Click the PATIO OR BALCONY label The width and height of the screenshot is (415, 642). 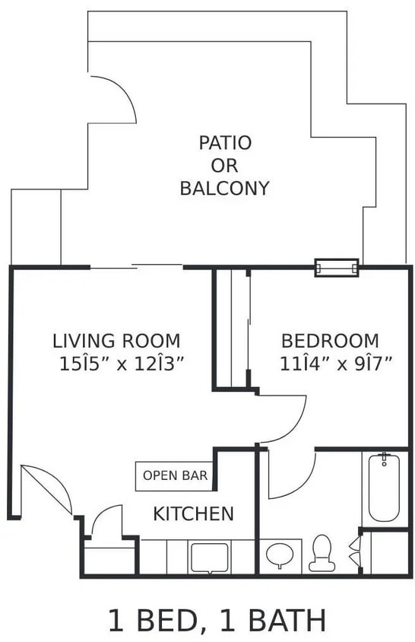(225, 165)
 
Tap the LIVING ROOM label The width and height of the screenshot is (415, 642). (116, 340)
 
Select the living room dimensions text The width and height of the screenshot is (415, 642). (122, 364)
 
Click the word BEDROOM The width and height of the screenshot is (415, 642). (330, 340)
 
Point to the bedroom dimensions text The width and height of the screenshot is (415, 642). (335, 364)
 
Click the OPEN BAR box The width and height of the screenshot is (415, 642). (175, 476)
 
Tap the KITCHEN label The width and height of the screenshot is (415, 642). (194, 513)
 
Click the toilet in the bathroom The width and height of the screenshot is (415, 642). (321, 553)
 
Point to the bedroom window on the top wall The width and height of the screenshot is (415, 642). (337, 268)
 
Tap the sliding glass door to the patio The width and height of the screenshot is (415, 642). (137, 266)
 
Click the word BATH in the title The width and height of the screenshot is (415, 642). (288, 620)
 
